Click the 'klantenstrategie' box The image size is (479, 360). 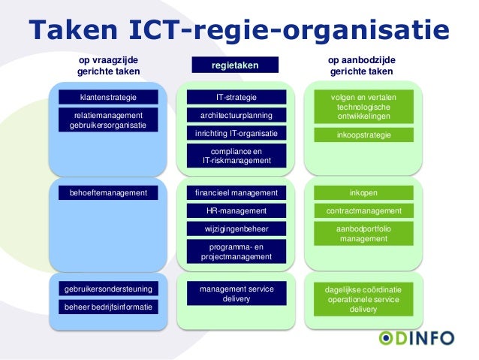[x=109, y=97]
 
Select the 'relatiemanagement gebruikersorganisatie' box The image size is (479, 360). [x=109, y=120]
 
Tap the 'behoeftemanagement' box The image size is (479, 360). [x=109, y=193]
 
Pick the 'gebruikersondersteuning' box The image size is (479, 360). [x=109, y=289]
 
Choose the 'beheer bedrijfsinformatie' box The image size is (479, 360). [x=109, y=307]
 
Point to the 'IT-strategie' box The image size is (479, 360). [x=236, y=97]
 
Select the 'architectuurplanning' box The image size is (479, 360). [x=236, y=115]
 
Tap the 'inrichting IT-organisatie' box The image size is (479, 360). [x=236, y=134]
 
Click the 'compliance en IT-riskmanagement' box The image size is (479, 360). [x=236, y=156]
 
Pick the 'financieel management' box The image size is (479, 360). [x=236, y=193]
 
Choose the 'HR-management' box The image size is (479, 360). [x=236, y=211]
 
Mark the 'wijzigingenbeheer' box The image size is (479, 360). [x=236, y=229]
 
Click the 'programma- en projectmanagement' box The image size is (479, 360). [x=236, y=252]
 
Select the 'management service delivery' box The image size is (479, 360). [x=236, y=294]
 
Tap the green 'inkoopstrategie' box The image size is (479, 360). [x=363, y=135]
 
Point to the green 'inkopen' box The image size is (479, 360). [x=363, y=193]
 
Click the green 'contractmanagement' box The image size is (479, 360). [x=363, y=211]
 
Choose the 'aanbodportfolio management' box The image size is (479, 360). [x=363, y=234]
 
